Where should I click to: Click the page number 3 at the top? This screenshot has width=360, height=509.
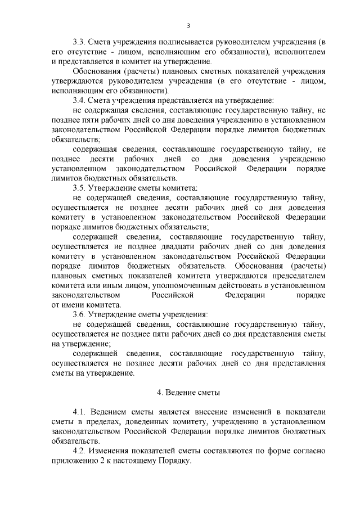pyautogui.click(x=188, y=25)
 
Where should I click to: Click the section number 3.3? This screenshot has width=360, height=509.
pyautogui.click(x=81, y=42)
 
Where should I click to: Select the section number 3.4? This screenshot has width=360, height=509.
pyautogui.click(x=81, y=100)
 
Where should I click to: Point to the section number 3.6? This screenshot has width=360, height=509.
pyautogui.click(x=81, y=314)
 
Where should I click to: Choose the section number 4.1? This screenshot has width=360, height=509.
pyautogui.click(x=81, y=412)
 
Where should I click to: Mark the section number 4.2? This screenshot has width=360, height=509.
pyautogui.click(x=81, y=451)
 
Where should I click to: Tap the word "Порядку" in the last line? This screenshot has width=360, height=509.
pyautogui.click(x=176, y=460)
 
